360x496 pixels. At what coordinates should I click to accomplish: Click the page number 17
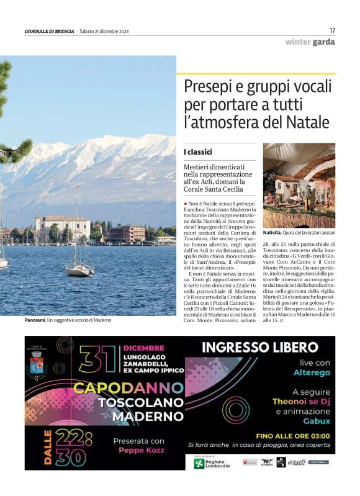point(332,30)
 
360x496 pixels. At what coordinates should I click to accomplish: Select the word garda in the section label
point(323,42)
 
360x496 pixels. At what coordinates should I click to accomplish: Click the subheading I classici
point(198,152)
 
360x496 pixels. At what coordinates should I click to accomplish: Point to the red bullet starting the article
point(186,204)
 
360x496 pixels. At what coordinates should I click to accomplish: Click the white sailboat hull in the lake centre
point(79,271)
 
